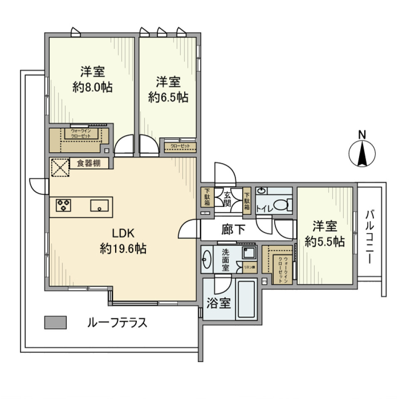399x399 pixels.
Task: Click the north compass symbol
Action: (362, 153)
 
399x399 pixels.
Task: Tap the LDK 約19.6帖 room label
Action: (123, 241)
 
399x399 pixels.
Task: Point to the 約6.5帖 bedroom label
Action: (168, 89)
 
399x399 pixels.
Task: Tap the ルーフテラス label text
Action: (117, 323)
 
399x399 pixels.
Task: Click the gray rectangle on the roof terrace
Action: (55, 322)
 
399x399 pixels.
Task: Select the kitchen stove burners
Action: (64, 205)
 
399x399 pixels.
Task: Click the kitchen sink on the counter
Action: (99, 205)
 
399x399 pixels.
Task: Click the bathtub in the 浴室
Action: (246, 300)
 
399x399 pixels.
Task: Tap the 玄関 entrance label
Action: (228, 198)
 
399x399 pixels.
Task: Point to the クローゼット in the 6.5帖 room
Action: (180, 146)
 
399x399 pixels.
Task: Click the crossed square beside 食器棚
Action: (59, 167)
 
